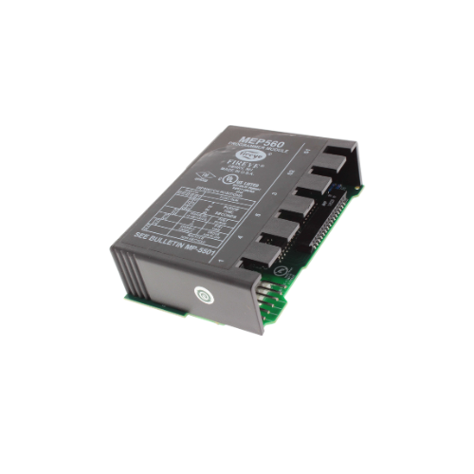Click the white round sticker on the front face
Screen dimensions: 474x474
pyautogui.click(x=202, y=295)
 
